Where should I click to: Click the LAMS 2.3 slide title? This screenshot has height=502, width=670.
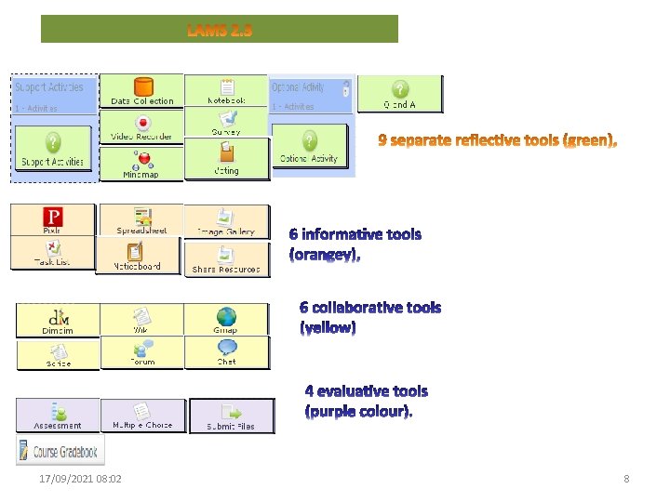220,30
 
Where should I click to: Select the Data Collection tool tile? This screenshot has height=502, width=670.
141,91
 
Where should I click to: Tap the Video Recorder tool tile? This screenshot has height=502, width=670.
141,127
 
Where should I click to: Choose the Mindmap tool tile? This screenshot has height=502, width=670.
141,165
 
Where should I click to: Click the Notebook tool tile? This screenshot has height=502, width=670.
226,91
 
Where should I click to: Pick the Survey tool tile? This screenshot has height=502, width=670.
226,124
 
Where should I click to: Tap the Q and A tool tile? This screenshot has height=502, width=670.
399,94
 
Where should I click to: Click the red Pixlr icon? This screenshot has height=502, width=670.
53,218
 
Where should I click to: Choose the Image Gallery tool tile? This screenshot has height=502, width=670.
226,221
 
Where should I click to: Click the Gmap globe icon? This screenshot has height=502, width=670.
226,316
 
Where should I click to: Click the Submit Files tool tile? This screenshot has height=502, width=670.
232,416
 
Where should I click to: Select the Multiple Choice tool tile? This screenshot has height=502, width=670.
141,416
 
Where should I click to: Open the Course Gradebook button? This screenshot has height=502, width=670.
60,452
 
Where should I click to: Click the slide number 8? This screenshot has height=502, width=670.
626,479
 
